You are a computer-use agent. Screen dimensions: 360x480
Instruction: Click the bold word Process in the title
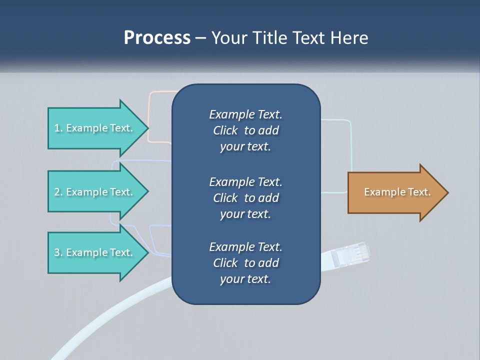coord(157,38)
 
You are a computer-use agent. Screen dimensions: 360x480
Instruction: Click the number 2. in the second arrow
coord(58,192)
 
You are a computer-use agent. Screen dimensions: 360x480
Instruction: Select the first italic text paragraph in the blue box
coord(245,130)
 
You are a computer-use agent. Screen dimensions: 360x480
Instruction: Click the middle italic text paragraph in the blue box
coord(245,198)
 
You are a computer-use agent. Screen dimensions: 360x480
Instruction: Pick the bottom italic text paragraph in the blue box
coord(245,263)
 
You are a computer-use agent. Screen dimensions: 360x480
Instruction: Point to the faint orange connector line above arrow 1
coord(160,92)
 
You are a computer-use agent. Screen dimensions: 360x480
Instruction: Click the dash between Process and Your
coord(201,38)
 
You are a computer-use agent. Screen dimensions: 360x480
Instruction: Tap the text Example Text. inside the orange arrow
coord(397,192)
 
